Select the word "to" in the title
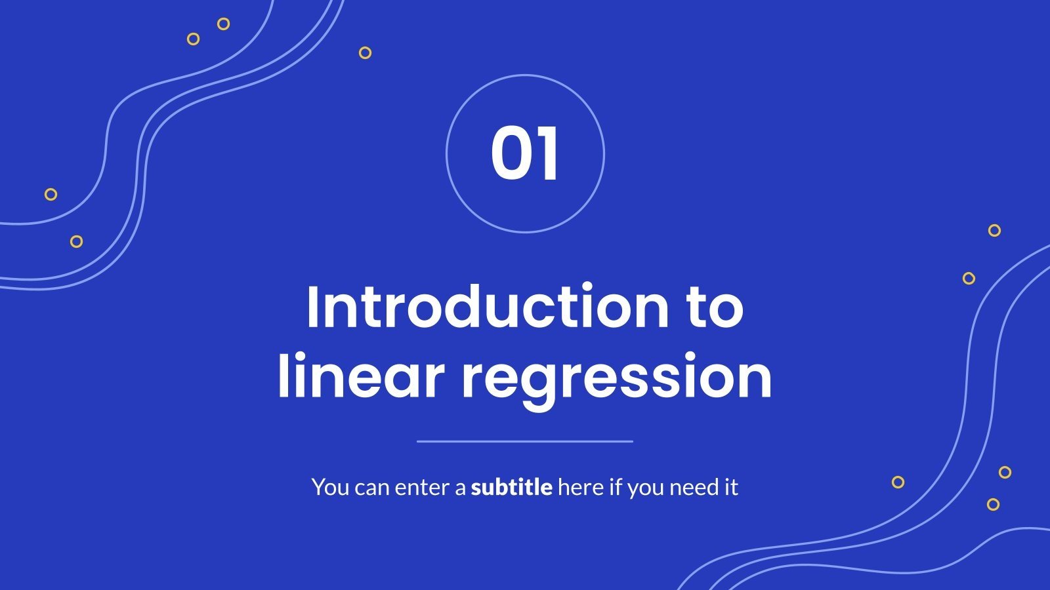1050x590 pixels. coord(715,308)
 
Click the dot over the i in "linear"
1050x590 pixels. coord(306,357)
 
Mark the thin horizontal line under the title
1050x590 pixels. coord(525,441)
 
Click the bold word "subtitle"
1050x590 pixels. coord(511,488)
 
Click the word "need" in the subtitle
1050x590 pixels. coord(693,488)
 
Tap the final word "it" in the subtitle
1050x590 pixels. coord(731,488)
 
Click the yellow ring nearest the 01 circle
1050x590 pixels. coord(366,52)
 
